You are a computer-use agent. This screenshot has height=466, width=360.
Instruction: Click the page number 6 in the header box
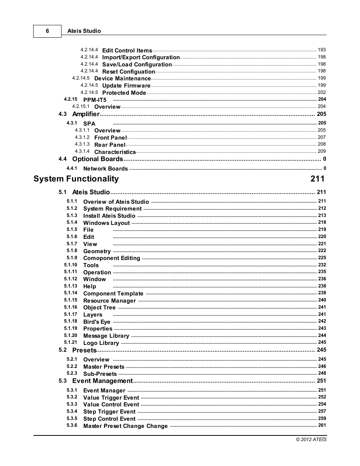[x=47, y=31]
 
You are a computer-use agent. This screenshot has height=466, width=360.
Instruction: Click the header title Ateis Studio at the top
[x=84, y=31]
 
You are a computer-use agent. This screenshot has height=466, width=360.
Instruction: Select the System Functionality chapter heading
[x=76, y=179]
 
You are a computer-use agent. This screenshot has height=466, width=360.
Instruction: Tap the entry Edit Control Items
[x=127, y=51]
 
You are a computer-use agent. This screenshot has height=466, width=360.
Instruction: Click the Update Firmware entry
[x=126, y=86]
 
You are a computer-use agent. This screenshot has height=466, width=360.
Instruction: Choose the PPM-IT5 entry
[x=95, y=100]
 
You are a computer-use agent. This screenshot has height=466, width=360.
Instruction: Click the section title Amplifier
[x=86, y=114]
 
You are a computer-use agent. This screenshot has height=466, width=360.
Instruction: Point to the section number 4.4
[x=63, y=159]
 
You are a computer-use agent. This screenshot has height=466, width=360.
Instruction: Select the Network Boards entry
[x=105, y=169]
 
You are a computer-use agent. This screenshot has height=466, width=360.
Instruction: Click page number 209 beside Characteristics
[x=322, y=151]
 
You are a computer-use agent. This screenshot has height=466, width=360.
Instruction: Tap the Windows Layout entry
[x=106, y=223]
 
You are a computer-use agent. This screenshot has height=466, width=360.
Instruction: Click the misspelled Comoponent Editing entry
[x=111, y=258]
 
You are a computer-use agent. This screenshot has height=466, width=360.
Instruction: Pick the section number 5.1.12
[x=71, y=279]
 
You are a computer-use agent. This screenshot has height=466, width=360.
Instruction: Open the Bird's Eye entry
[x=97, y=322]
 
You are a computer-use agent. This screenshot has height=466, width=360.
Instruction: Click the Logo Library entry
[x=101, y=343]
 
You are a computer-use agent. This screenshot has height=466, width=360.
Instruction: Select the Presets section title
[x=84, y=350]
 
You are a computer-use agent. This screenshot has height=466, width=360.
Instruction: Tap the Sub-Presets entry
[x=100, y=374]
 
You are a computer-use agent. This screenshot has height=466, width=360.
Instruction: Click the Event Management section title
[x=102, y=381]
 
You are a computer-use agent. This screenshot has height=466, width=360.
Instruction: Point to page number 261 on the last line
[x=322, y=425]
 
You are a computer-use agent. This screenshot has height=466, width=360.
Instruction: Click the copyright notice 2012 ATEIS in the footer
[x=311, y=440]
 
